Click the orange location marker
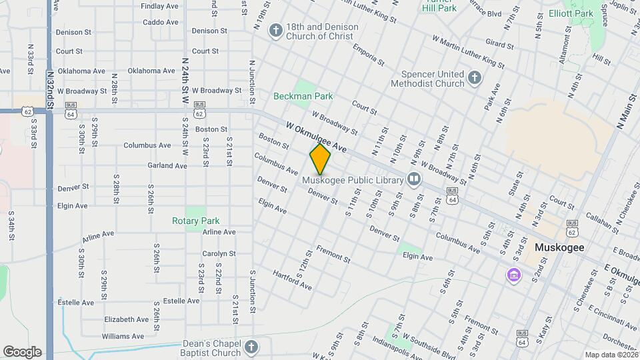[320, 159]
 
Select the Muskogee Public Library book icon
[414, 179]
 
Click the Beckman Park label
[303, 97]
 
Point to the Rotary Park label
[195, 221]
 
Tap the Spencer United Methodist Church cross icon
[474, 78]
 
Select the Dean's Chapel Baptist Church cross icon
[251, 347]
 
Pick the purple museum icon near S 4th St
[513, 274]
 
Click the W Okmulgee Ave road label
[317, 136]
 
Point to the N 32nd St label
[50, 90]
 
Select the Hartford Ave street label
[293, 280]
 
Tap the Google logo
[22, 351]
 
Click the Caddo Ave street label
[161, 22]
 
